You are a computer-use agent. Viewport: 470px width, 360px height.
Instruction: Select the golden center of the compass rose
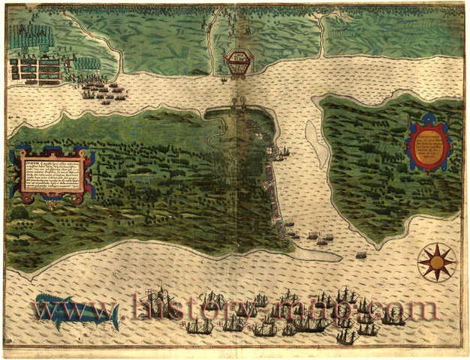(435, 261)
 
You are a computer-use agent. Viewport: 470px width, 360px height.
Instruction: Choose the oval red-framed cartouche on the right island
(428, 145)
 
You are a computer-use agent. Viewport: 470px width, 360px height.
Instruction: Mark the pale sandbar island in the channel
(318, 142)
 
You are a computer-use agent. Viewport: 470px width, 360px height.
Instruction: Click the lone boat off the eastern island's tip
(361, 256)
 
